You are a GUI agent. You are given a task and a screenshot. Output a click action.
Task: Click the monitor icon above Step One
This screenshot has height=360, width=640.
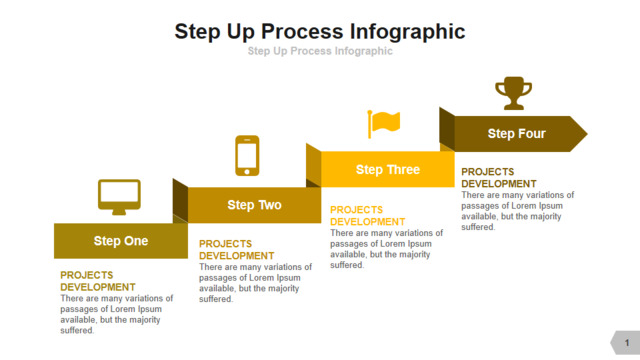click(119, 196)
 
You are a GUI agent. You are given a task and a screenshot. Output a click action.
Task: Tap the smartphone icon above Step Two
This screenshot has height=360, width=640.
click(247, 156)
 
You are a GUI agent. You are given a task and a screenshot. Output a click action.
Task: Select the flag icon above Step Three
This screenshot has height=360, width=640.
click(384, 124)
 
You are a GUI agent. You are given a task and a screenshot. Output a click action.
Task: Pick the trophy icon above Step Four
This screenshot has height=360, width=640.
click(513, 93)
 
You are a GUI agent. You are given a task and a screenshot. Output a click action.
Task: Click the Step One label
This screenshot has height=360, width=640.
click(121, 241)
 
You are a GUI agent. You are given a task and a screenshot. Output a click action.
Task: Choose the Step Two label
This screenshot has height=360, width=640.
click(254, 204)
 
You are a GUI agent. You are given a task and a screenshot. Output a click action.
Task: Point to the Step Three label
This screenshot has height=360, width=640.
click(388, 169)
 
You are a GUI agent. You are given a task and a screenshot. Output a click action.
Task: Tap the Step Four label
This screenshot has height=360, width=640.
click(516, 133)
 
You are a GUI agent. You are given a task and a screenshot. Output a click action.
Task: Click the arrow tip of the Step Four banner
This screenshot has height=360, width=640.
click(587, 133)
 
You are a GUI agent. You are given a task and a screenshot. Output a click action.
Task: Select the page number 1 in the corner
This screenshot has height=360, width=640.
click(627, 343)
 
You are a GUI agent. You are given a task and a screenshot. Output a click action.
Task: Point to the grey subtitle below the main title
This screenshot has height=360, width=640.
click(320, 51)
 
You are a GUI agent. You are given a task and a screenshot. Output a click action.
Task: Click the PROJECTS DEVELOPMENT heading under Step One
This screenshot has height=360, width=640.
click(98, 281)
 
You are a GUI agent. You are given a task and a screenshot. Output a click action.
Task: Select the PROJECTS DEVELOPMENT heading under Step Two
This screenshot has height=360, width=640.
click(237, 250)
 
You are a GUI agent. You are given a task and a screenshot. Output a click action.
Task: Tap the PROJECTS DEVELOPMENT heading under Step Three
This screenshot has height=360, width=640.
click(367, 216)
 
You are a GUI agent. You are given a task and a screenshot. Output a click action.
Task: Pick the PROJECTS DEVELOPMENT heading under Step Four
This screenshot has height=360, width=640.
click(499, 178)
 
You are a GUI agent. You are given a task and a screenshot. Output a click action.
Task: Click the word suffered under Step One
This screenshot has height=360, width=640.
click(77, 330)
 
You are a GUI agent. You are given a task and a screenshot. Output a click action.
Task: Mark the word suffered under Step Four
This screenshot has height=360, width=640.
click(478, 227)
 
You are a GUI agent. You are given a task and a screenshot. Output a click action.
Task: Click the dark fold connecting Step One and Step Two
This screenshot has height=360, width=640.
click(180, 201)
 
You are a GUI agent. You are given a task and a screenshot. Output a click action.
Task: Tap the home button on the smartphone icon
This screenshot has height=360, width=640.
click(247, 172)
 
